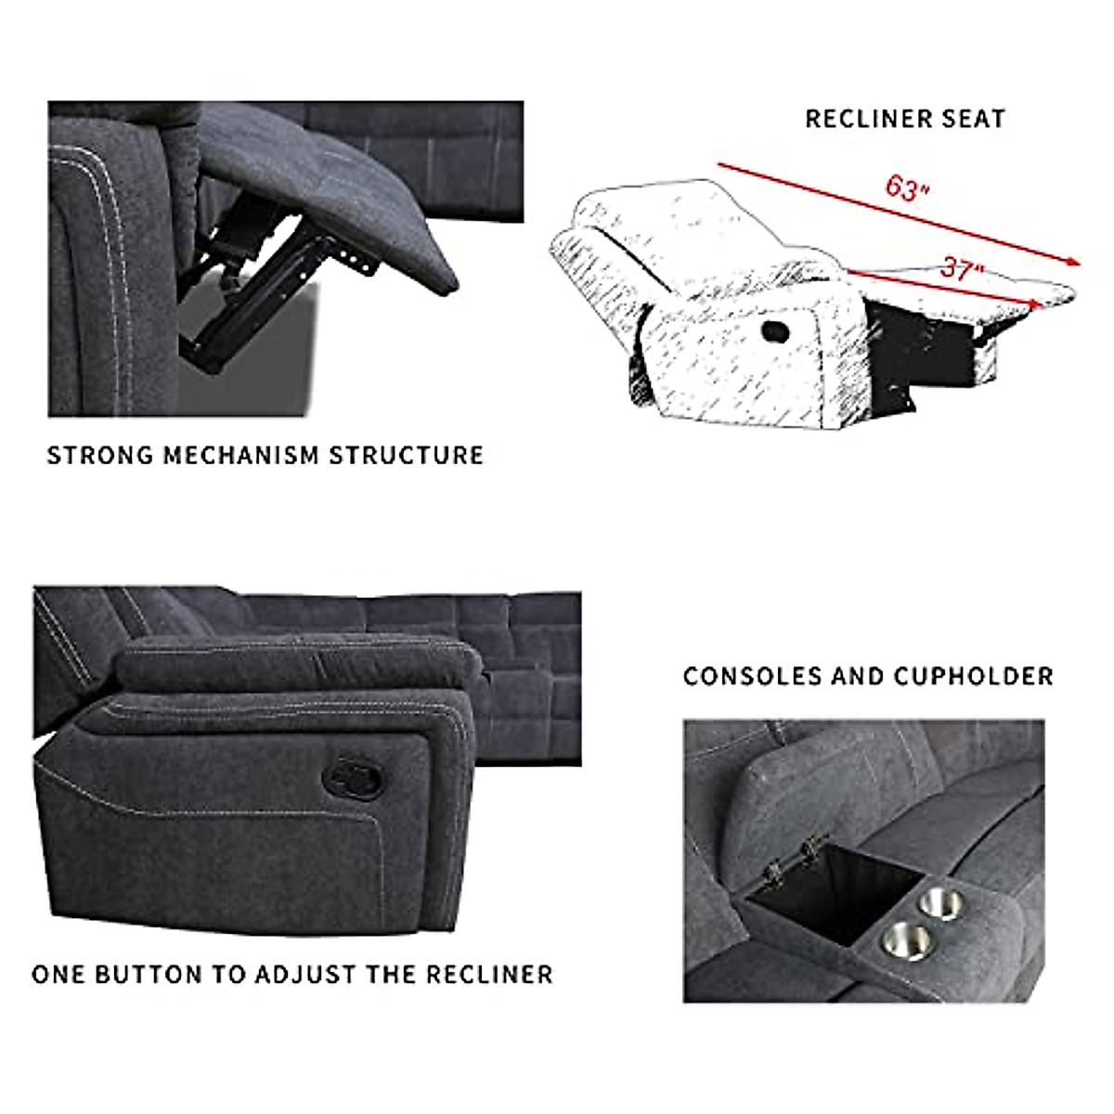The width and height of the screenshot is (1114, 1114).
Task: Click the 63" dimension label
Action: coord(906,188)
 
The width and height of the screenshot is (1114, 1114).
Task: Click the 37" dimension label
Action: coord(961,269)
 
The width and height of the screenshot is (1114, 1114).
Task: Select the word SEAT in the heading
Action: coord(970,119)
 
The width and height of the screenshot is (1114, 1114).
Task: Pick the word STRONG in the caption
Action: coord(100,455)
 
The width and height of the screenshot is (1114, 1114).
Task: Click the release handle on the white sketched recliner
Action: coord(772,330)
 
